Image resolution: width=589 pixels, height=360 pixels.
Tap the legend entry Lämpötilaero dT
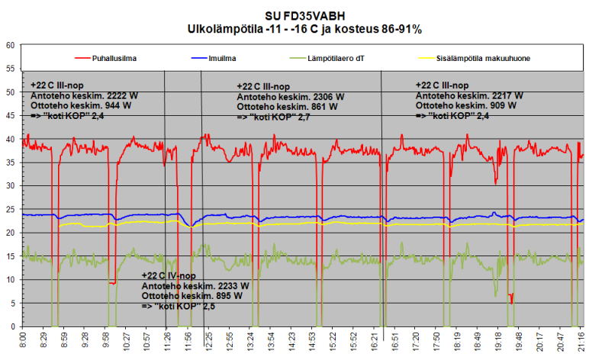coord(333,58)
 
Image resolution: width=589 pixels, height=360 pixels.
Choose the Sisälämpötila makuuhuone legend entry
coord(476,58)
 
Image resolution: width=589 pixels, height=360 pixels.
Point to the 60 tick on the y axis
coord(11,45)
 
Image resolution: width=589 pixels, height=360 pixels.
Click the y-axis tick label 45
coord(11,115)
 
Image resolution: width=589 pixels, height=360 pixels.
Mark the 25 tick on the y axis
coord(11,209)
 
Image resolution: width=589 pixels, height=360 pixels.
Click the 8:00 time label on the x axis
coord(23,340)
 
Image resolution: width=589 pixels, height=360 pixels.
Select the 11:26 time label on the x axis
coord(166,340)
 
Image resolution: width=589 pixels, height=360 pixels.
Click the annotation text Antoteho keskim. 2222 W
coord(74,95)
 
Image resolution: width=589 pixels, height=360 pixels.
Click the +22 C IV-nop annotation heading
coord(179,275)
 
